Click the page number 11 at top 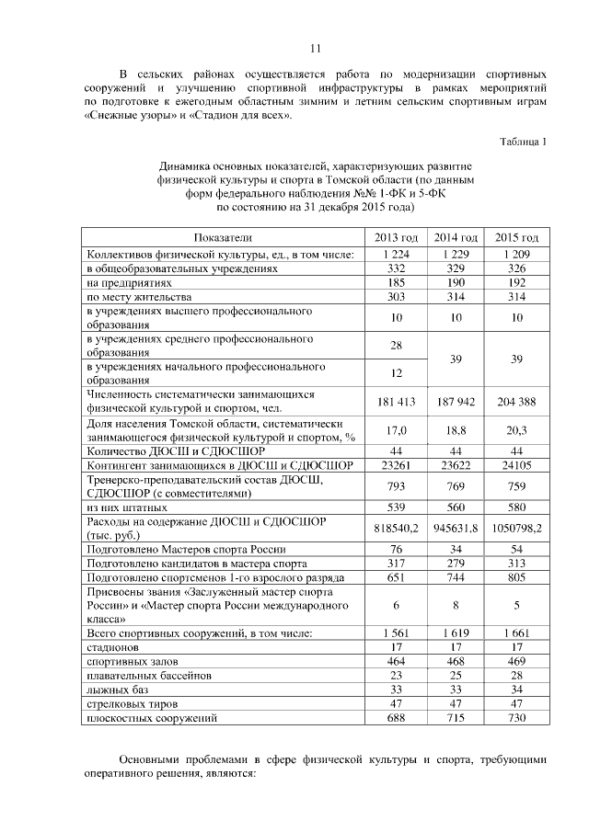click(x=314, y=48)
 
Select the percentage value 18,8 click(x=456, y=429)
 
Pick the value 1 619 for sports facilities click(x=456, y=633)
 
